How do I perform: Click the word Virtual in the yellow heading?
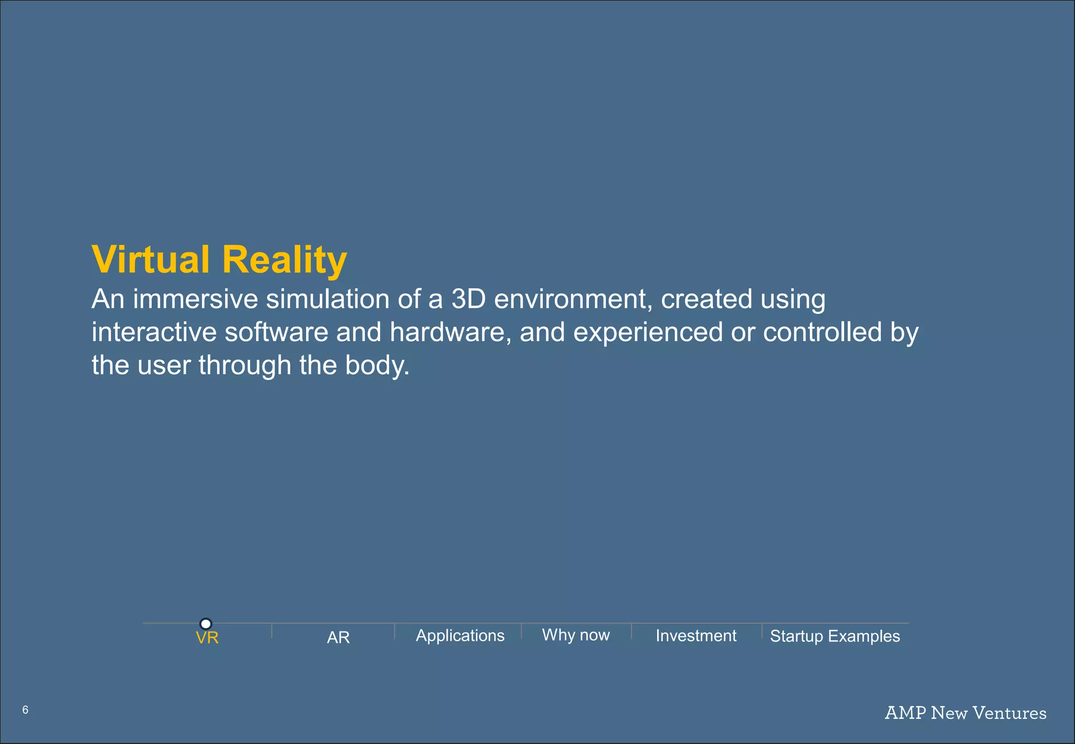150,259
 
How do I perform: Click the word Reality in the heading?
284,260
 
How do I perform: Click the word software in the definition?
276,332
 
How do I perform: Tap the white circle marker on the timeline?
206,623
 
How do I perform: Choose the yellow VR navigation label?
207,638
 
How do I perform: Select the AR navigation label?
338,637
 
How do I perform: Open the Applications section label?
460,636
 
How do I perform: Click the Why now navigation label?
576,635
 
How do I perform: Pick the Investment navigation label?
696,636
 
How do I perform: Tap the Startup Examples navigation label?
835,636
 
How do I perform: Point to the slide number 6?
25,710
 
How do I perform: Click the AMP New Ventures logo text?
965,713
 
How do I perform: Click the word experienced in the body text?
648,332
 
